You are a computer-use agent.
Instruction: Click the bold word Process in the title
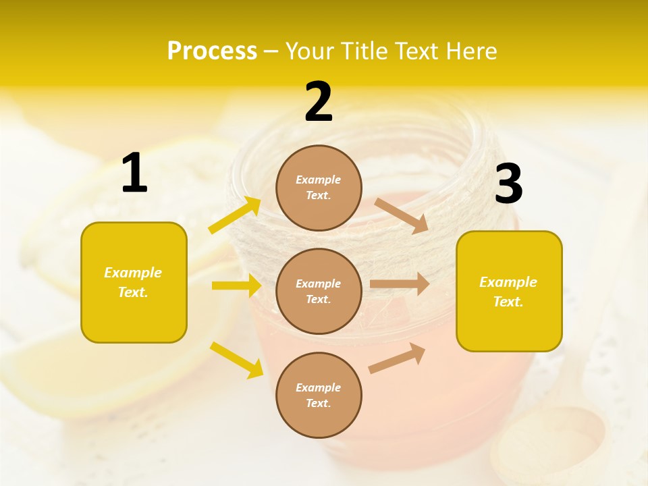tap(212, 51)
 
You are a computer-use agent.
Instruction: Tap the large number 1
tap(134, 173)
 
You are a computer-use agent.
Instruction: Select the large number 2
tap(319, 102)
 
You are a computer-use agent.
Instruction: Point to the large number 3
tap(508, 184)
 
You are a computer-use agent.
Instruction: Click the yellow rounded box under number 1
tap(134, 282)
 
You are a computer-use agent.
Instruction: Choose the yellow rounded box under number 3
tap(509, 291)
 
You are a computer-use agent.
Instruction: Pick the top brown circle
tap(319, 188)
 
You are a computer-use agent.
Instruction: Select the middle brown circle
tap(319, 291)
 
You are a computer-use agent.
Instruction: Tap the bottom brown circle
tap(319, 395)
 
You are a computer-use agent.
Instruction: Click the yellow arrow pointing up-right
tap(235, 215)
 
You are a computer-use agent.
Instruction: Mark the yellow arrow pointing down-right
tap(237, 360)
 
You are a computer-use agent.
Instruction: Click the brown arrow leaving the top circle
tap(402, 215)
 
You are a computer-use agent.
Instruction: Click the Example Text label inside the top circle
tap(319, 188)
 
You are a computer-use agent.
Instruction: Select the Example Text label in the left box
tap(134, 282)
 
